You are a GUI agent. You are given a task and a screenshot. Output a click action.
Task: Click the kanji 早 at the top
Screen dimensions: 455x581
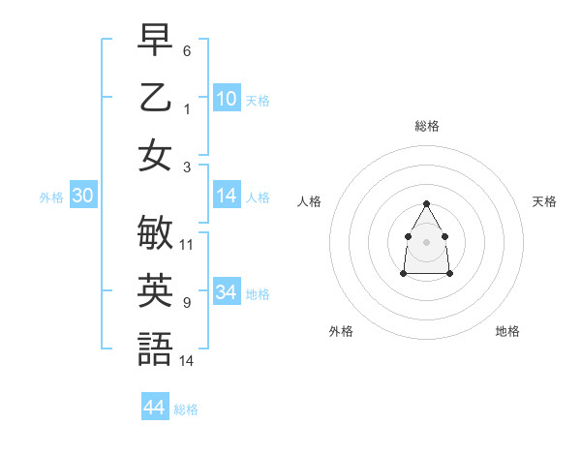pyautogui.click(x=156, y=42)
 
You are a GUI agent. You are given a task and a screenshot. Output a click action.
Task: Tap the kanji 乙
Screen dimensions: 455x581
pyautogui.click(x=156, y=99)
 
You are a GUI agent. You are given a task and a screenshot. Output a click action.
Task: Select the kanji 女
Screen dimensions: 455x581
pyautogui.click(x=156, y=156)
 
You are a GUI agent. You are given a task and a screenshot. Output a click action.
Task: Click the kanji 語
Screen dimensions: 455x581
pyautogui.click(x=156, y=349)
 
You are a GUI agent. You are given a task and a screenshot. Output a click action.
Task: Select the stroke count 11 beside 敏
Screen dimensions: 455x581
pyautogui.click(x=187, y=245)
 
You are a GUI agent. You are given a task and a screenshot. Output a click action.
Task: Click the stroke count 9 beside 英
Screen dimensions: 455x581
pyautogui.click(x=186, y=303)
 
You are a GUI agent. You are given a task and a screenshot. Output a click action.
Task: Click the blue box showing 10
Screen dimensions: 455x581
pyautogui.click(x=227, y=99)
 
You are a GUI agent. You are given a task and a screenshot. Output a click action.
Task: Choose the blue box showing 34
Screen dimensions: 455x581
pyautogui.click(x=227, y=292)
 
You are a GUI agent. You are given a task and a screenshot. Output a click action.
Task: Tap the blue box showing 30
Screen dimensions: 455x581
pyautogui.click(x=83, y=197)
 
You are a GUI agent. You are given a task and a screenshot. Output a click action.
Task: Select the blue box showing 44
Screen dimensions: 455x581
pyautogui.click(x=155, y=408)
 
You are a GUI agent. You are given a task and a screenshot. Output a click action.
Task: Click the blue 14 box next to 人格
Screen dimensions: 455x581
pyautogui.click(x=227, y=197)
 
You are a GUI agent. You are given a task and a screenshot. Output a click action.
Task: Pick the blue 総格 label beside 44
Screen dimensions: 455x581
pyautogui.click(x=186, y=409)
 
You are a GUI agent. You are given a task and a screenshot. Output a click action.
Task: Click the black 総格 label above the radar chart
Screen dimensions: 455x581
pyautogui.click(x=426, y=126)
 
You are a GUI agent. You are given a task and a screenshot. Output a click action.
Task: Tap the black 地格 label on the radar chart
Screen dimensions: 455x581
pyautogui.click(x=507, y=331)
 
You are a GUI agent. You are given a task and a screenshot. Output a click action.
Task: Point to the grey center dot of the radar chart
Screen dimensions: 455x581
pyautogui.click(x=426, y=241)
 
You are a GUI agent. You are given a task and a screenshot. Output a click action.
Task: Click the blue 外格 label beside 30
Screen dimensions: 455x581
pyautogui.click(x=51, y=197)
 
